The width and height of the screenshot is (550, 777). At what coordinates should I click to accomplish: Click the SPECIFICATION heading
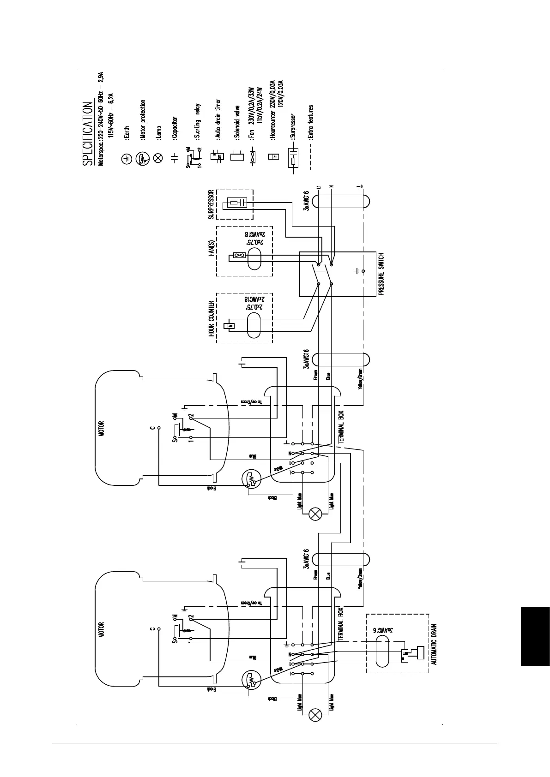click(86, 134)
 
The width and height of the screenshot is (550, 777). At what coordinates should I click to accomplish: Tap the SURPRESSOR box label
click(211, 204)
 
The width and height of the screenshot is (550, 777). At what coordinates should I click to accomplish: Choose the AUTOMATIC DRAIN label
click(434, 644)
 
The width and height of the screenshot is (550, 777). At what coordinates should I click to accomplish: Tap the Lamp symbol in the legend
click(157, 158)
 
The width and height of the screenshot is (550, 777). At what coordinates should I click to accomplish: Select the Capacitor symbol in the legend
click(174, 158)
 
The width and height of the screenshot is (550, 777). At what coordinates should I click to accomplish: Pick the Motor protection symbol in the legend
click(142, 158)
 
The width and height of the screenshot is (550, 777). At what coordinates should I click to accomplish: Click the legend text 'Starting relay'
click(198, 121)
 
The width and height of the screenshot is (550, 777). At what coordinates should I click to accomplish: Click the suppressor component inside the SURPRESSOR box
click(236, 202)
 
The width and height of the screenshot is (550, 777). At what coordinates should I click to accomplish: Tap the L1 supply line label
click(319, 187)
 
